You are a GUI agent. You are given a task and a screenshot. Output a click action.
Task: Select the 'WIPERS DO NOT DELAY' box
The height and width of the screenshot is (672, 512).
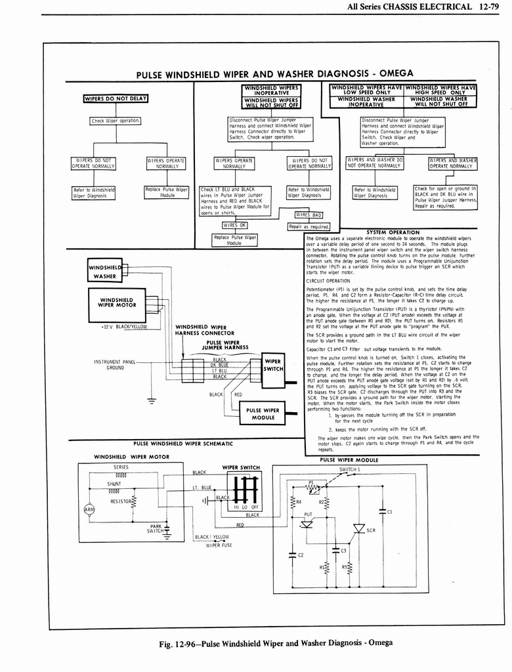point(116,99)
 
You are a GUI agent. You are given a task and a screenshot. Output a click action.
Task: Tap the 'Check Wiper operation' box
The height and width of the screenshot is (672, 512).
point(116,121)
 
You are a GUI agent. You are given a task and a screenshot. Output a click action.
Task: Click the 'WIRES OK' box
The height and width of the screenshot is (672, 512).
point(234,224)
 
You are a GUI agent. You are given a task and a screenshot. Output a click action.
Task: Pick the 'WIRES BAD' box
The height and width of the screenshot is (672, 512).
point(309,215)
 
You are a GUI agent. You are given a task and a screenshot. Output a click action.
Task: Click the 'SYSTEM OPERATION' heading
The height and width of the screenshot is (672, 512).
point(393,232)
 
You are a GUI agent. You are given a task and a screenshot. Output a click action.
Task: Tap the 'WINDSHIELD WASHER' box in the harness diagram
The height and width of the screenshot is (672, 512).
point(104,271)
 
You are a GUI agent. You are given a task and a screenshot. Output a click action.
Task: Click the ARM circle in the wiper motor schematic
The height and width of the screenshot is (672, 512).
point(88,510)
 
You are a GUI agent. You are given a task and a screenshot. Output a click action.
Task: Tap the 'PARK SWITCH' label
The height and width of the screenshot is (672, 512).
point(156,529)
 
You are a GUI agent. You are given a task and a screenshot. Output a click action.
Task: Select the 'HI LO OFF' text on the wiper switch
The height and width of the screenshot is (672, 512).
point(247,507)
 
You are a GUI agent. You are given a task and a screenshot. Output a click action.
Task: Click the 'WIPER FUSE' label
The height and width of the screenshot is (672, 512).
point(219,545)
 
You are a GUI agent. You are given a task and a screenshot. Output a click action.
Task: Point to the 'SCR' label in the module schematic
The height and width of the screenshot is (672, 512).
point(371,530)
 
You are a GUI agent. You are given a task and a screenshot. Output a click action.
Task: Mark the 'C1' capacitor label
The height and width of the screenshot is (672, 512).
point(389,511)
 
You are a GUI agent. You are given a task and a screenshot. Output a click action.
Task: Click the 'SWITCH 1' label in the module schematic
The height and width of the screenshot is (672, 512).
point(351,470)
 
